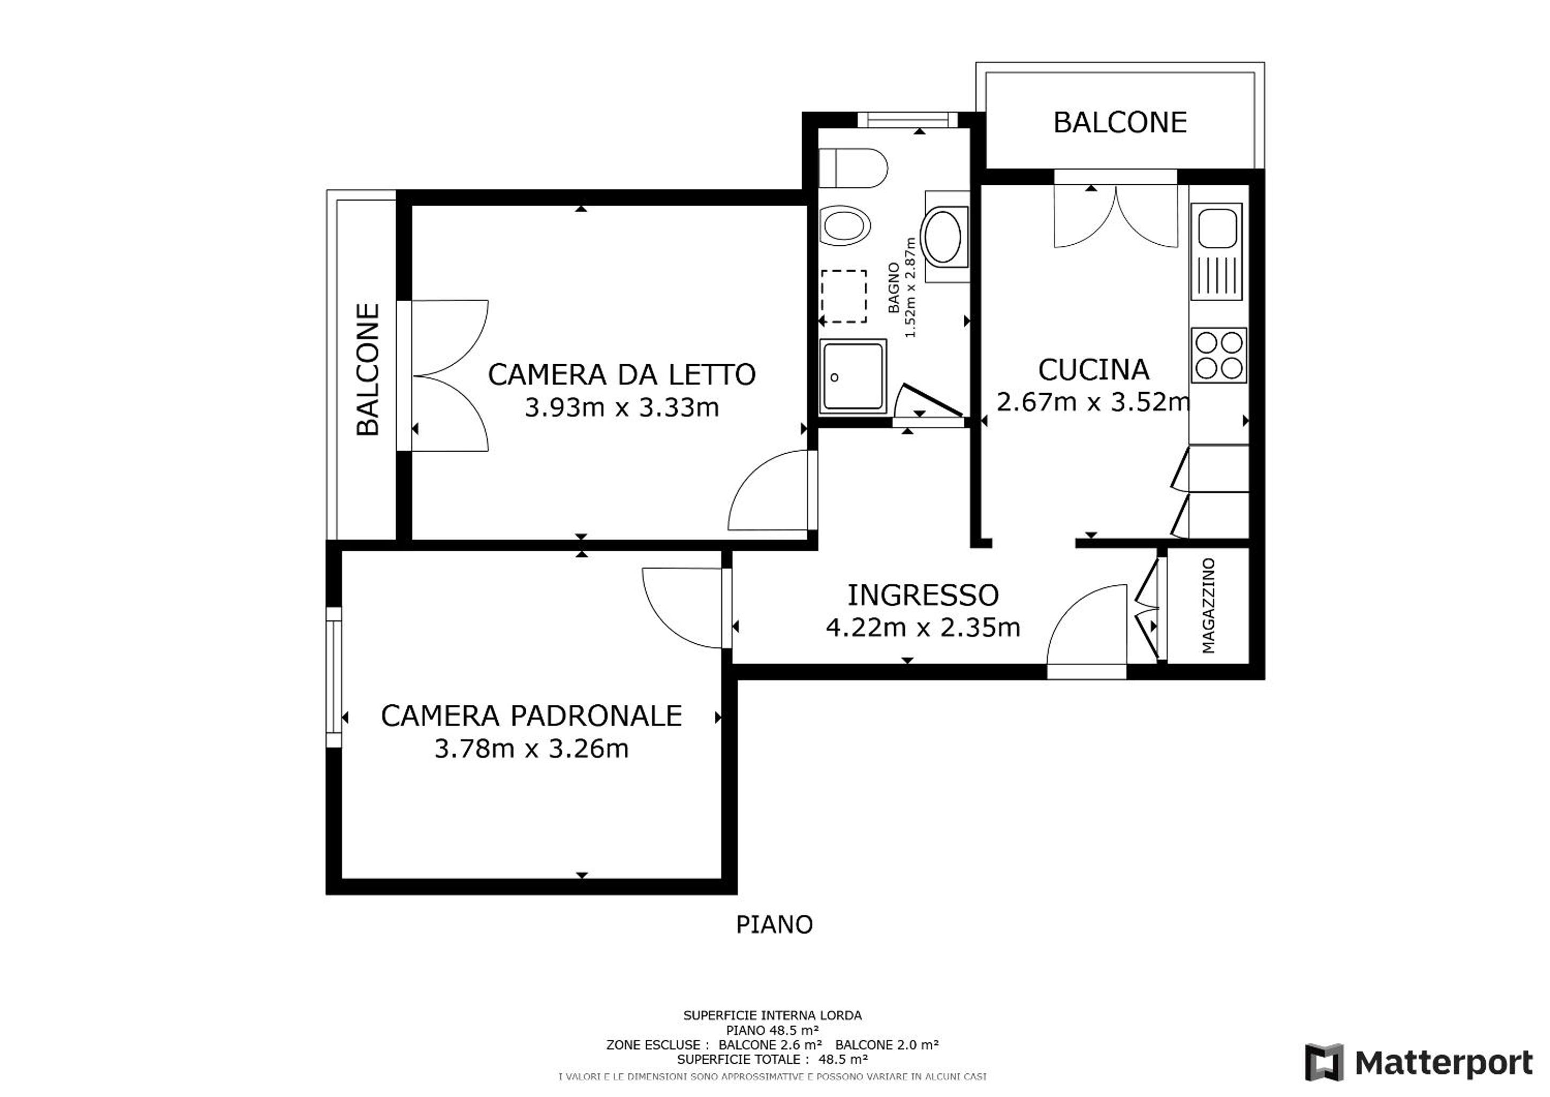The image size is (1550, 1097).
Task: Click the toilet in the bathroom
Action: tap(853, 168)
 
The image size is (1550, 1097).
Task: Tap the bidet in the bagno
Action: tap(845, 226)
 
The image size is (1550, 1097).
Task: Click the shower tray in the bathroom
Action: tap(853, 375)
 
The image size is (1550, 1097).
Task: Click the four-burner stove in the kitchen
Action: tap(1219, 355)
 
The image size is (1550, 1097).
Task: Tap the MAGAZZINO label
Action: tap(1208, 605)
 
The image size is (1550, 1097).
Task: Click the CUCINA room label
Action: tap(1094, 370)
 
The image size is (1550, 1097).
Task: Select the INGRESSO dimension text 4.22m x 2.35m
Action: tap(923, 628)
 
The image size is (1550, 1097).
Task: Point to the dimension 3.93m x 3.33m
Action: tap(622, 407)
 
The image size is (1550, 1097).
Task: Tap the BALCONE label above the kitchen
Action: tap(1120, 122)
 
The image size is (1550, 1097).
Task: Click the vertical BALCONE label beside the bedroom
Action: tap(368, 370)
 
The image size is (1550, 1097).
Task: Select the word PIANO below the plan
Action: tap(774, 925)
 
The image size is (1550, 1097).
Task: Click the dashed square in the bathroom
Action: tap(844, 297)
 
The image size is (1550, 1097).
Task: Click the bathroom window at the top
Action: tap(908, 119)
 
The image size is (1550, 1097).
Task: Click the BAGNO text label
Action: tap(894, 287)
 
